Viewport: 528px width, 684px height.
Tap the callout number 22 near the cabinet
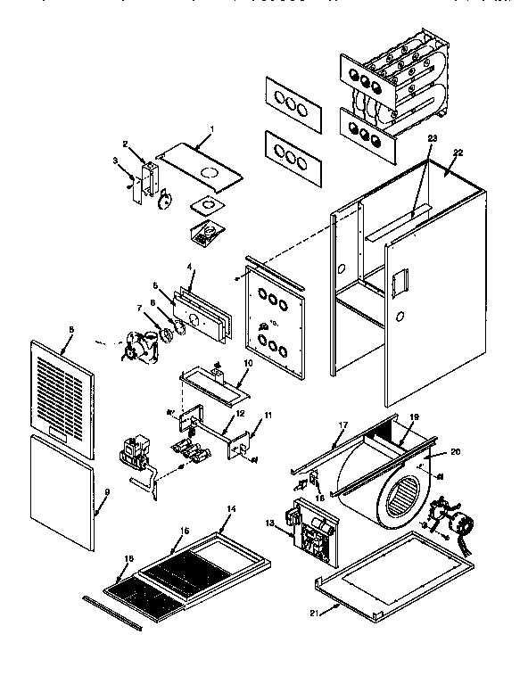tap(458, 152)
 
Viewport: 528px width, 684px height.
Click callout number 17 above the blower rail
tap(342, 426)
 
